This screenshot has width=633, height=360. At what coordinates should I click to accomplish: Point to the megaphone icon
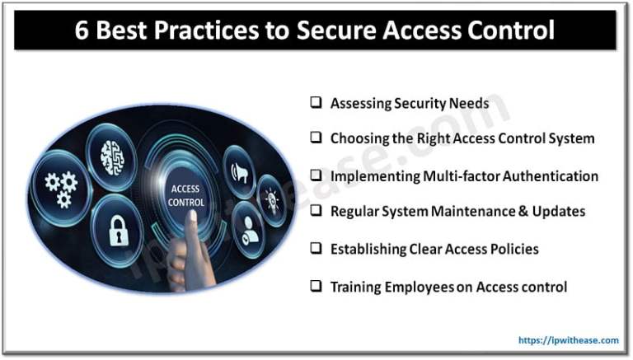point(237,171)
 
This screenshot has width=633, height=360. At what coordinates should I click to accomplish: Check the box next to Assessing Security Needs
point(316,103)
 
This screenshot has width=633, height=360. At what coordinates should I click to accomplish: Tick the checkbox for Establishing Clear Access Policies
point(316,248)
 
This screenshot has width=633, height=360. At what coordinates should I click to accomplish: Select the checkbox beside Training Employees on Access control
point(316,286)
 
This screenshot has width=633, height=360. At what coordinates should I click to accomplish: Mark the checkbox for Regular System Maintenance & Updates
point(316,211)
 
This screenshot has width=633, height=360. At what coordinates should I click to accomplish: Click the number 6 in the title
point(80,31)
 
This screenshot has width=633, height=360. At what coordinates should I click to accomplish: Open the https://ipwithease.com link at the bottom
point(569,339)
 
